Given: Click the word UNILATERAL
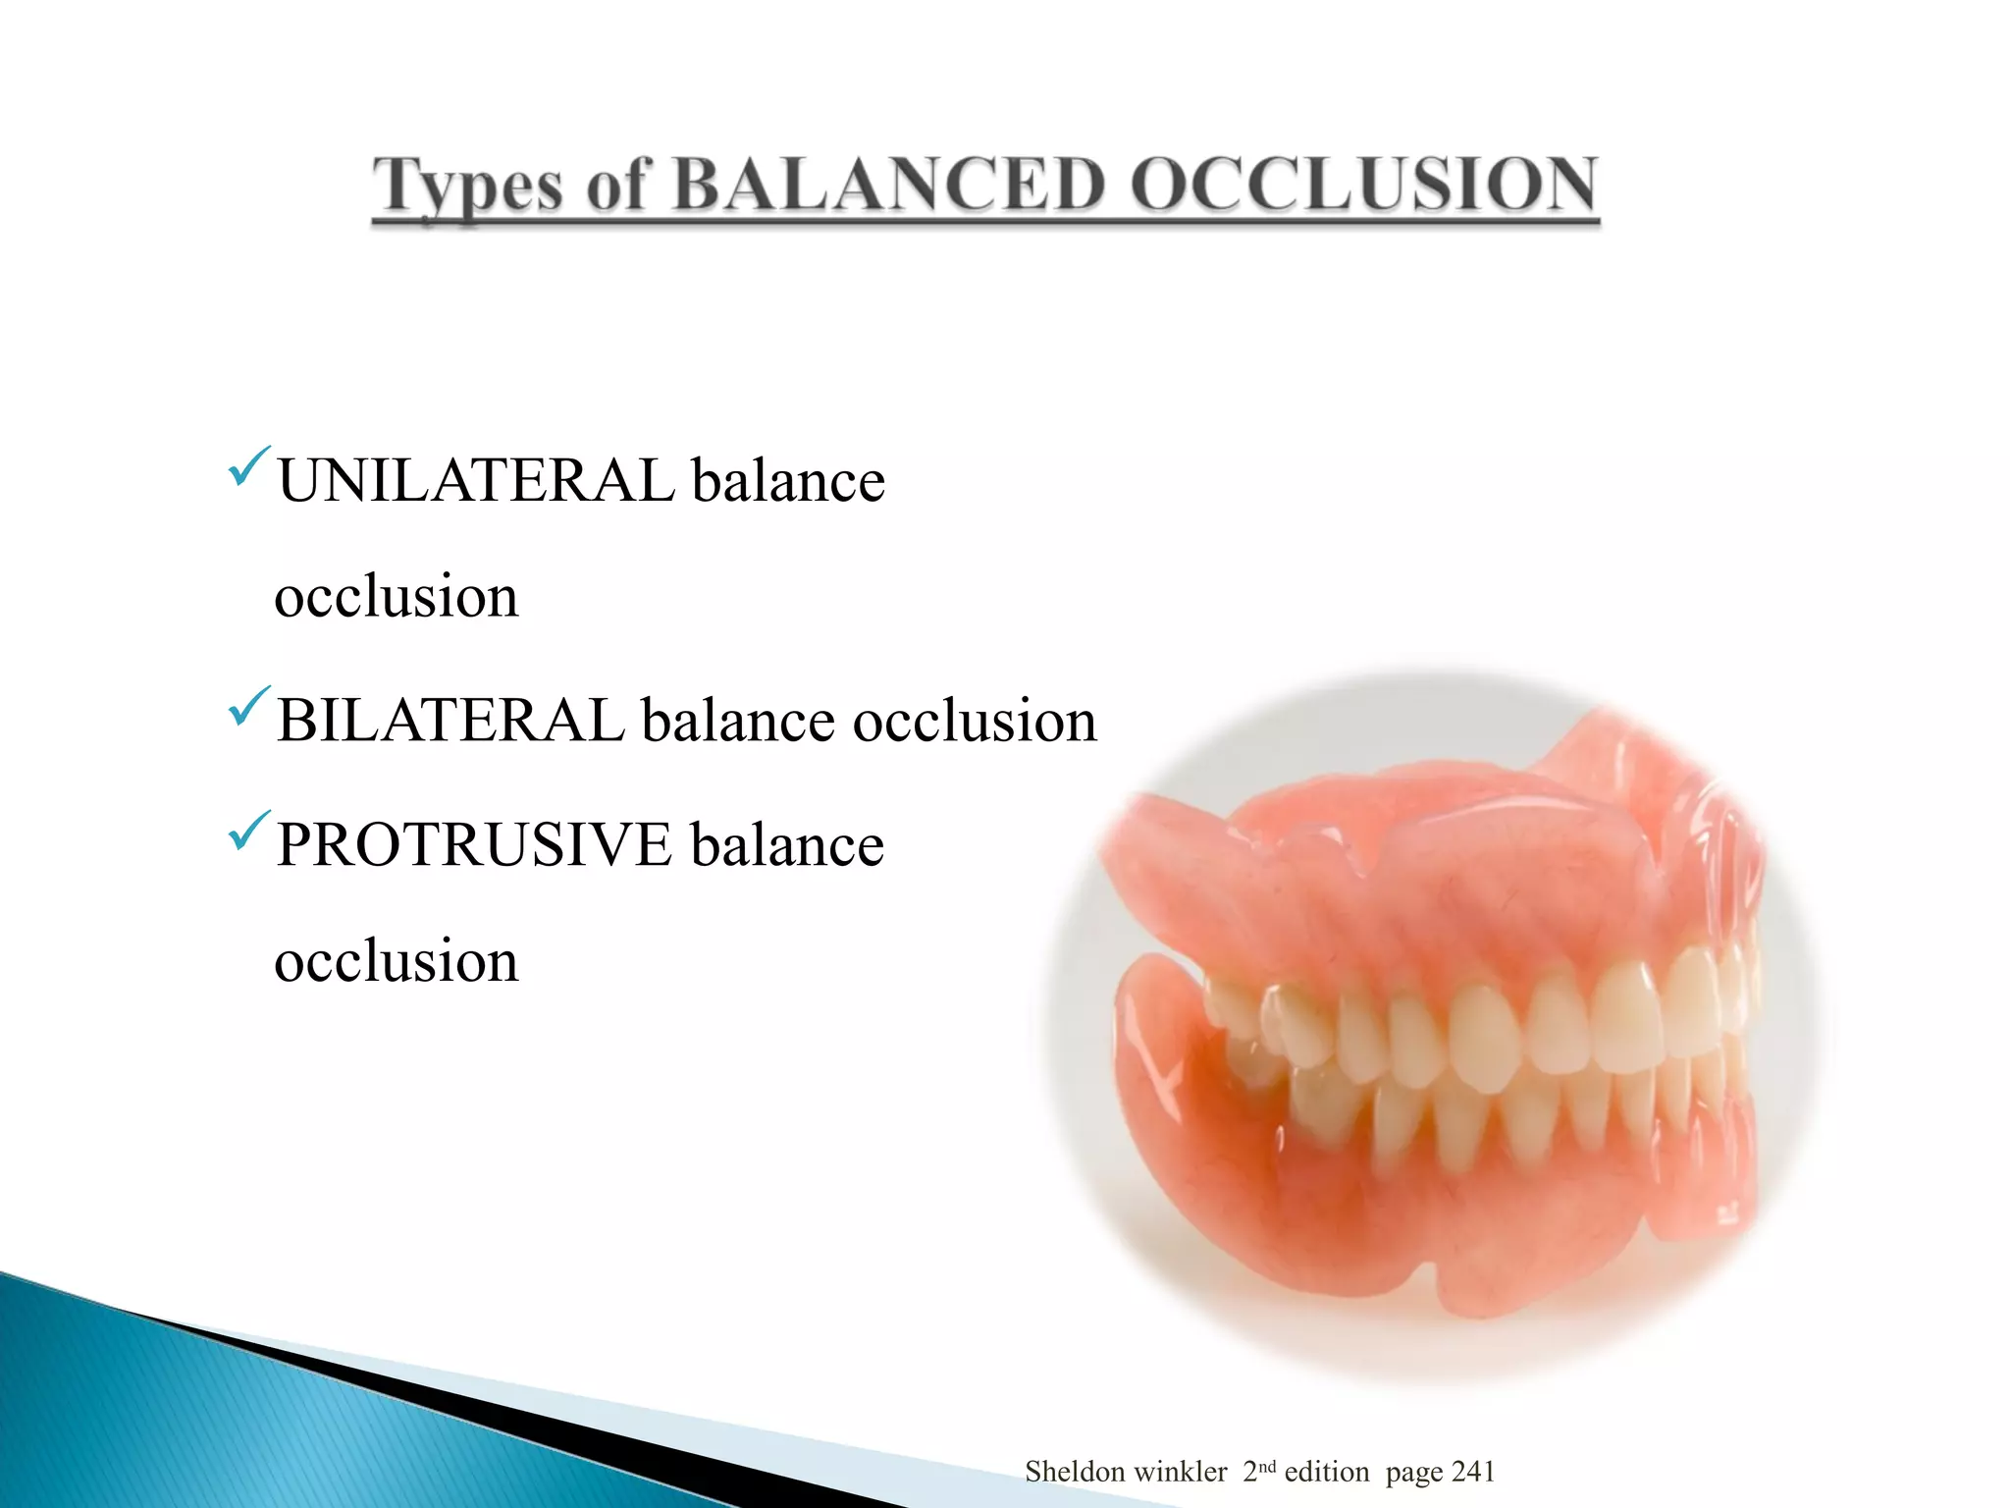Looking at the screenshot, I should pos(475,481).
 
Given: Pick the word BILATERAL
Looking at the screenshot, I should pos(450,720).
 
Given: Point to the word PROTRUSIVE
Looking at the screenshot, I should pos(474,844).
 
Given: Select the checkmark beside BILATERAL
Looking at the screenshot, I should pos(248,706).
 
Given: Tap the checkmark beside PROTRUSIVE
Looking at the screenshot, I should pos(248,831).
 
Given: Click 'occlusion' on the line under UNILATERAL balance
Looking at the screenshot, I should pos(396,596).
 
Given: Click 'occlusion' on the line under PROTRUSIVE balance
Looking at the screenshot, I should pos(396,960).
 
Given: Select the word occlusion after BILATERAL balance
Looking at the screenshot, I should pos(974,722).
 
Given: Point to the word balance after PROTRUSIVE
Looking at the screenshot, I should pos(786,844).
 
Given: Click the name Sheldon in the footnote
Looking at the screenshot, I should pos(1075,1472).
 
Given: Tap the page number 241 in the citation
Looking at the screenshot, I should pos(1472,1472).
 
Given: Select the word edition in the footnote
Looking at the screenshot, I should pos(1326,1472).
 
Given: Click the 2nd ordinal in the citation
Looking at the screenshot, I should pos(1258,1471).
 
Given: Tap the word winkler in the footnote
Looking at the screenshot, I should pos(1183,1472).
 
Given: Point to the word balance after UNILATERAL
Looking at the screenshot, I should pos(787,481).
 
